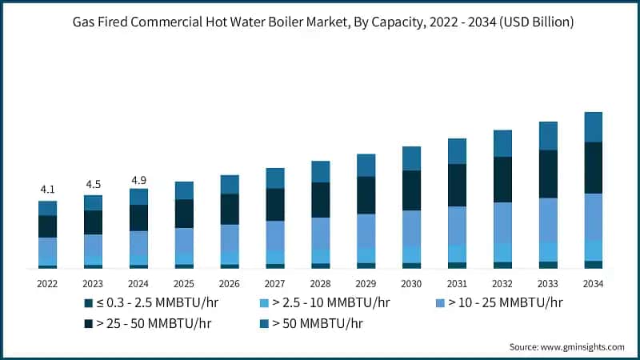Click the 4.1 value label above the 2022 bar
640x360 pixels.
click(47, 190)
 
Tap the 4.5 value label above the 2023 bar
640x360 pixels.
click(93, 184)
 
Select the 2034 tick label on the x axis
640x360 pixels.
click(593, 283)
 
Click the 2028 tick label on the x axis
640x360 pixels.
click(320, 283)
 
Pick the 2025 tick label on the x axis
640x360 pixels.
click(184, 283)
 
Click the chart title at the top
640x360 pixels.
click(320, 22)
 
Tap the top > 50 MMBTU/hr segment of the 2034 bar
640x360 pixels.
click(593, 126)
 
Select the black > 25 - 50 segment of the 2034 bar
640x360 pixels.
click(593, 167)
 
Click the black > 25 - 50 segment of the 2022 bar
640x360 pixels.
click(47, 226)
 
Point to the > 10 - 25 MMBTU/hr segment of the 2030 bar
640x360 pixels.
click(411, 228)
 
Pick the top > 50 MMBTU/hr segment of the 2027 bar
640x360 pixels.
click(275, 178)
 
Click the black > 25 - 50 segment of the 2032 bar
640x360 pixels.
click(502, 179)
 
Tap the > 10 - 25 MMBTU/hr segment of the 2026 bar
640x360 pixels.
click(230, 238)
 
